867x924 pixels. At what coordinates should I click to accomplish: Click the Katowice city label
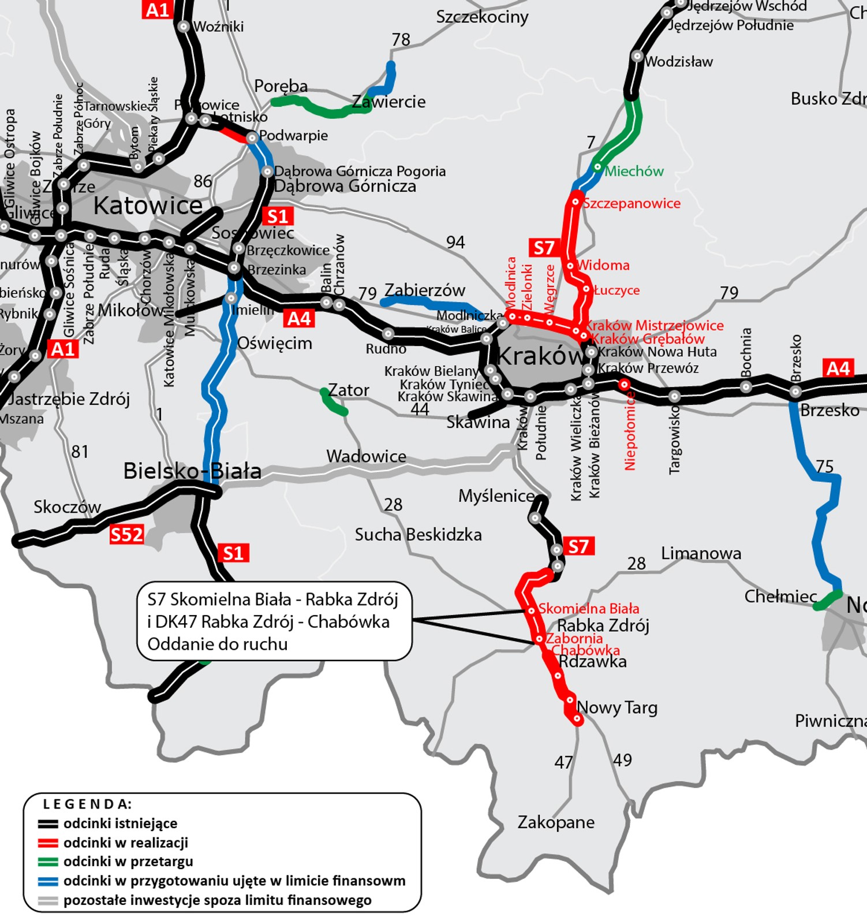click(x=148, y=206)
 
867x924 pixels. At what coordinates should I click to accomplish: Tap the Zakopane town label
click(x=555, y=822)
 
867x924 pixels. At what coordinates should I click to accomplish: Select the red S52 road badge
click(x=126, y=535)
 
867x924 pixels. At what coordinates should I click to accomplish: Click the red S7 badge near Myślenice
click(x=578, y=546)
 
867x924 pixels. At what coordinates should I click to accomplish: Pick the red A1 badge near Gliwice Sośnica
click(x=63, y=349)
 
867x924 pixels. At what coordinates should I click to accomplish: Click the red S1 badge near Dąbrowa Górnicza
click(x=278, y=216)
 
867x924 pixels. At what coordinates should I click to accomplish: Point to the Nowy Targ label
click(x=617, y=707)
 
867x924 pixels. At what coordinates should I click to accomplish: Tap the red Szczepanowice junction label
click(x=631, y=203)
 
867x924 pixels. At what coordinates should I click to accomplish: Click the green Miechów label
click(x=634, y=171)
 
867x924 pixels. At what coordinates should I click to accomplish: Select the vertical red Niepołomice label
click(x=630, y=430)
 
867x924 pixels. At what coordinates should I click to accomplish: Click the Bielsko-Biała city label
click(x=192, y=471)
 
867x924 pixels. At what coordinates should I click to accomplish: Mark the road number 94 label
click(x=455, y=242)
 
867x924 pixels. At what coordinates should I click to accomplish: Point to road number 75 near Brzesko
click(x=824, y=466)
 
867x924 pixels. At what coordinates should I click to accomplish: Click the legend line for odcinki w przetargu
click(x=48, y=862)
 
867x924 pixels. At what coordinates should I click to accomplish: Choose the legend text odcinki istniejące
click(x=120, y=823)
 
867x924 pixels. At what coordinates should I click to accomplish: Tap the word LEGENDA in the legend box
click(x=87, y=804)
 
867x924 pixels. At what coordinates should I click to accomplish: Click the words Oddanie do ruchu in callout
click(x=217, y=644)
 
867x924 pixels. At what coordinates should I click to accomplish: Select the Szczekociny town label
click(x=482, y=17)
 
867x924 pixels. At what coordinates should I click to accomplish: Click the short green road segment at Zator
click(x=334, y=403)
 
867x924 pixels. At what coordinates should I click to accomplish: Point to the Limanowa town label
click(x=701, y=553)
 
